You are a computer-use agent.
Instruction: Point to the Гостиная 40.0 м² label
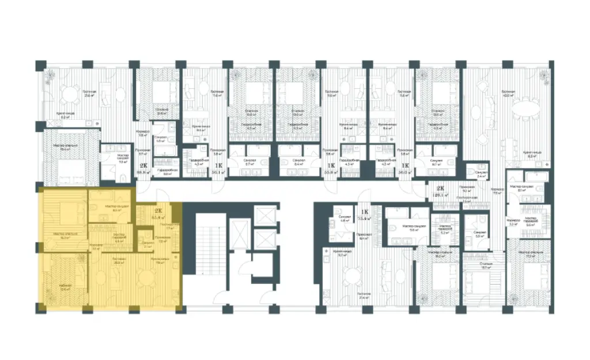click(508, 94)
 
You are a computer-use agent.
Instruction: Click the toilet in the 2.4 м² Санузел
click(472, 172)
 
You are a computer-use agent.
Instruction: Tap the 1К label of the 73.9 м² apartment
click(364, 211)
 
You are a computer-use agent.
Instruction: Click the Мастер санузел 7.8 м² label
click(122, 159)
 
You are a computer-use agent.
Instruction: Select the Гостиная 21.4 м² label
click(364, 297)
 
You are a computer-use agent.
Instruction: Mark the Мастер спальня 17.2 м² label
click(528, 254)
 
